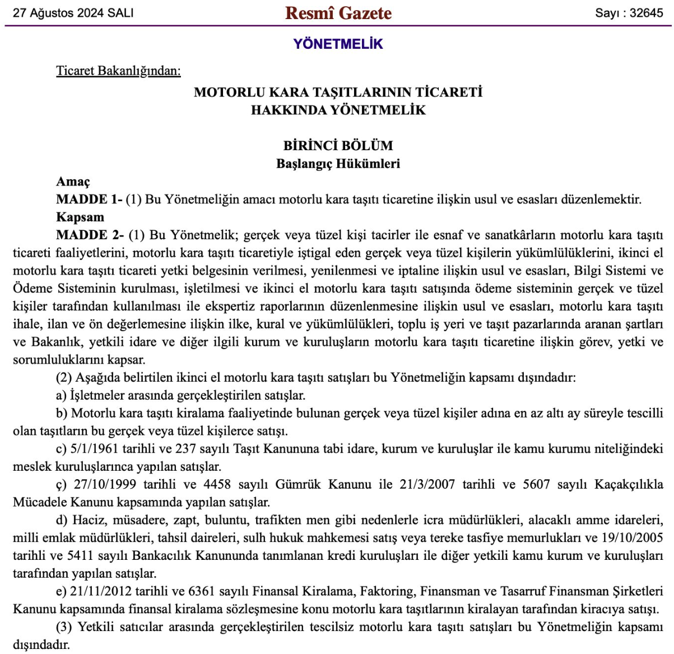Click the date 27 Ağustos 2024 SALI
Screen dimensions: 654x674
click(x=73, y=13)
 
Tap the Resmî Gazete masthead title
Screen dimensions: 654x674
click(x=338, y=13)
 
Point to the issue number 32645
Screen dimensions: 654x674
click(x=645, y=13)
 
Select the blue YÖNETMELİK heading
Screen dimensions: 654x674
click(x=338, y=44)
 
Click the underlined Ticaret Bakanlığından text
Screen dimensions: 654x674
click(x=118, y=71)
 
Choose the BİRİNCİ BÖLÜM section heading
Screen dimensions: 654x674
click(x=338, y=146)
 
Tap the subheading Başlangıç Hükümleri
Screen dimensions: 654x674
click(x=338, y=164)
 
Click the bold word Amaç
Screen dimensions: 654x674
click(x=73, y=182)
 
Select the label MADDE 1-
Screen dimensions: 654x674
click(x=89, y=200)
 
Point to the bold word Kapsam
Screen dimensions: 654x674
click(x=80, y=217)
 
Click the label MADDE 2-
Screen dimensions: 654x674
click(x=90, y=235)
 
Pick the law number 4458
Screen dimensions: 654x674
click(x=217, y=485)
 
